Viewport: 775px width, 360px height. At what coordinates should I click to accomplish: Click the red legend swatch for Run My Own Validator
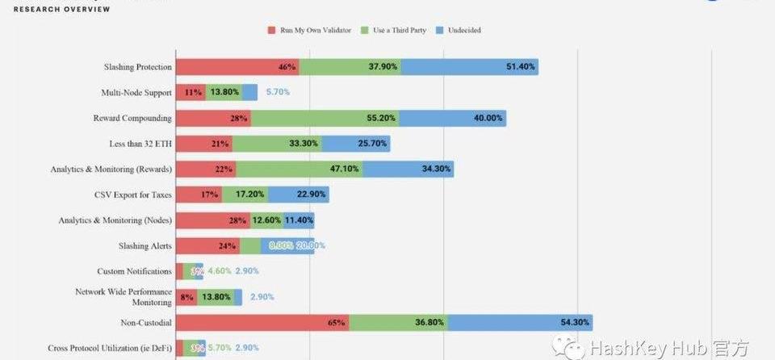(272, 31)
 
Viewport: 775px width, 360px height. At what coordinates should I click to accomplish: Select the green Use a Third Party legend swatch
(366, 31)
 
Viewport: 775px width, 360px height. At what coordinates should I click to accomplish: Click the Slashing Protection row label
(137, 67)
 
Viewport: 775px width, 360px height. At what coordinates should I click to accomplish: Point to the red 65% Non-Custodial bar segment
(262, 322)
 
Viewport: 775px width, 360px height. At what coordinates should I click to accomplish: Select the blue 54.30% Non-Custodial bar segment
(520, 322)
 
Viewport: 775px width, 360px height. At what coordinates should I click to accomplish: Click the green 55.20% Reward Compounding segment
(325, 118)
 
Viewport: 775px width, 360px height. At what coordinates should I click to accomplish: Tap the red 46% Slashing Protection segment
(237, 67)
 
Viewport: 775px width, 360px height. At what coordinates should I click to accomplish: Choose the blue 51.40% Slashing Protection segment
(470, 67)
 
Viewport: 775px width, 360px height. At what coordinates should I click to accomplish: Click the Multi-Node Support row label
(136, 93)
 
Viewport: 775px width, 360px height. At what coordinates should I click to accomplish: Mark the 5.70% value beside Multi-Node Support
(278, 92)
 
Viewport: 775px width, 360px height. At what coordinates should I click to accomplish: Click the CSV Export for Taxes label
(133, 195)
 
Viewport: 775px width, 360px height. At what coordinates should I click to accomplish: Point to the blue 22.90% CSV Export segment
(299, 195)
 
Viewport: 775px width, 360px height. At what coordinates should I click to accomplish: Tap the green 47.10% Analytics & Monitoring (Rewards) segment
(300, 170)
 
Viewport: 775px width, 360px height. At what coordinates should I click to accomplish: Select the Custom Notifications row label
(134, 271)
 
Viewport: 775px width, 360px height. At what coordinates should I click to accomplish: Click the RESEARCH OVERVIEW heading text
(62, 9)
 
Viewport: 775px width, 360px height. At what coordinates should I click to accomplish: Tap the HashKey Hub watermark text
(658, 348)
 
